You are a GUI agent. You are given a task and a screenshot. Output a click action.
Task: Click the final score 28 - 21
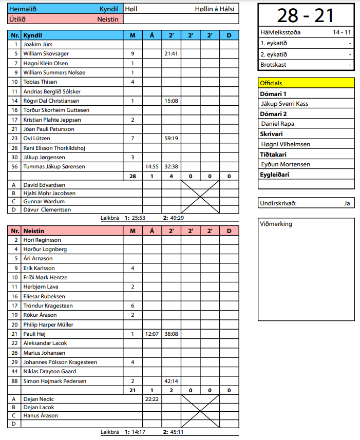306,15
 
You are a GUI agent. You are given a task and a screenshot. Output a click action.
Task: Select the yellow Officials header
271,83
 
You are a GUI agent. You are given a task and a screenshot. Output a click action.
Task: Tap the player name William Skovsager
46,54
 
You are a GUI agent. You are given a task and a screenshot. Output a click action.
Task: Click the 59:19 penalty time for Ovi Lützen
171,138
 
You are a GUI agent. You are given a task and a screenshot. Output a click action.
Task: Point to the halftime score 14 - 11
342,32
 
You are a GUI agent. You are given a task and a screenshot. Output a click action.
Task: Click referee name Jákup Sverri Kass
285,104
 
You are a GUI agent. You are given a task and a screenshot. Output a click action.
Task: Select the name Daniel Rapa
278,124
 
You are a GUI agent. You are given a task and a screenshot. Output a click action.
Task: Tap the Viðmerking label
276,224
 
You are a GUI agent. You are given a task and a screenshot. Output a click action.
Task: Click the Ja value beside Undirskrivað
347,203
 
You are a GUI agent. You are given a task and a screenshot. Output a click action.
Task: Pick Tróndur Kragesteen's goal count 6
132,305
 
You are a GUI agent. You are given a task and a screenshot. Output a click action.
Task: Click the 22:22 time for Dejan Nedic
151,399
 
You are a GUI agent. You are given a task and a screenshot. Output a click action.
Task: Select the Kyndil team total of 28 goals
132,176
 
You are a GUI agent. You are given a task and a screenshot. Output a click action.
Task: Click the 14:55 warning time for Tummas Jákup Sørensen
151,166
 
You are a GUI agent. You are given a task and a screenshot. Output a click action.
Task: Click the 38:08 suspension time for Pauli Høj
171,334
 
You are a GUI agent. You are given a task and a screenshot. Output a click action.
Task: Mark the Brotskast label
273,65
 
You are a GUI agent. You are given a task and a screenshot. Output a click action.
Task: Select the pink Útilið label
17,19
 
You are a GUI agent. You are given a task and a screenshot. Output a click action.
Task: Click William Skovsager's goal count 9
132,54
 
